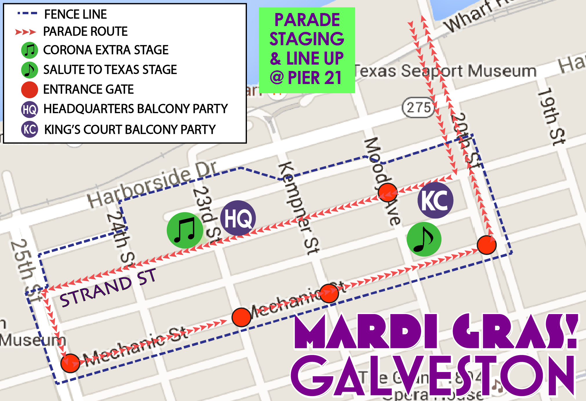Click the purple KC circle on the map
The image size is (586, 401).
click(x=435, y=200)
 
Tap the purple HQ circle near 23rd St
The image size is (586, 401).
click(x=238, y=218)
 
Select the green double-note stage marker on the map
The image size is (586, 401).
click(x=185, y=230)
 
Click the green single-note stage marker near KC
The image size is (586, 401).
click(x=424, y=239)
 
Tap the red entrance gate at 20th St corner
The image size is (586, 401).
click(x=487, y=245)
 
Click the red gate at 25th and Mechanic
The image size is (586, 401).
click(x=70, y=363)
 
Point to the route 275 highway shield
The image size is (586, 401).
click(x=418, y=107)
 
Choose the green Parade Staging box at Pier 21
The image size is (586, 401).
click(x=307, y=50)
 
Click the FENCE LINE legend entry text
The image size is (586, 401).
click(x=75, y=14)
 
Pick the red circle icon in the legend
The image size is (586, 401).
click(x=30, y=90)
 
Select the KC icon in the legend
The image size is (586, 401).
click(x=30, y=129)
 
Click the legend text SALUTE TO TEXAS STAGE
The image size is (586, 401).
click(x=110, y=70)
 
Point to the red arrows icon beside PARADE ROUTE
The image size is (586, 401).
click(x=26, y=32)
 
